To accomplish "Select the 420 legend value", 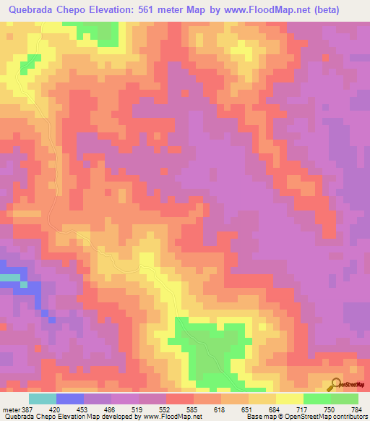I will coord(55,409).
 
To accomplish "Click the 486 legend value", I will coord(110,409).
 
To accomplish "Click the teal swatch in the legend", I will coord(42,399).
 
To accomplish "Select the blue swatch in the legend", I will coord(69,399).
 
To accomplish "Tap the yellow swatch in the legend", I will coord(289,399).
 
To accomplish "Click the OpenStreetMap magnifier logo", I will coord(336,384).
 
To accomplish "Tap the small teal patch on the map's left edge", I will coord(9,277).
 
